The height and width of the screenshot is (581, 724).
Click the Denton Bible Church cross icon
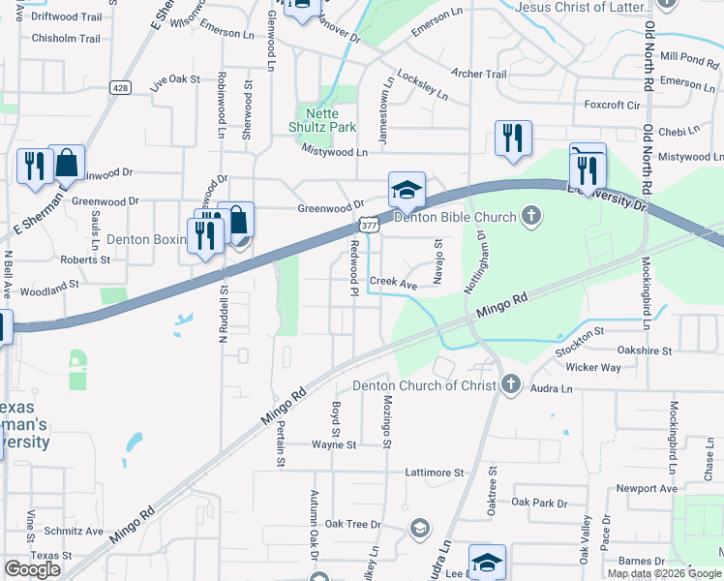pos(530,215)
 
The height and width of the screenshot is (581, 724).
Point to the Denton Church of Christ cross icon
pos(511,385)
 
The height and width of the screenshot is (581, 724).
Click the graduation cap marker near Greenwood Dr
pos(407,190)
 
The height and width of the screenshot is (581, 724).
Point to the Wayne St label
pos(334,444)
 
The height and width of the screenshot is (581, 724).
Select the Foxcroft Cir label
pos(612,105)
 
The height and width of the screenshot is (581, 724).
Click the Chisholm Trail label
pos(66,39)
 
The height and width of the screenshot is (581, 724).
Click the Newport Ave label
pos(648,489)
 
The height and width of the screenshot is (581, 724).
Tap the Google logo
pos(32,569)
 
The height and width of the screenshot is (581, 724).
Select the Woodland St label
pos(48,288)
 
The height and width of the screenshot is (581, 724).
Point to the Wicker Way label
pos(593,368)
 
